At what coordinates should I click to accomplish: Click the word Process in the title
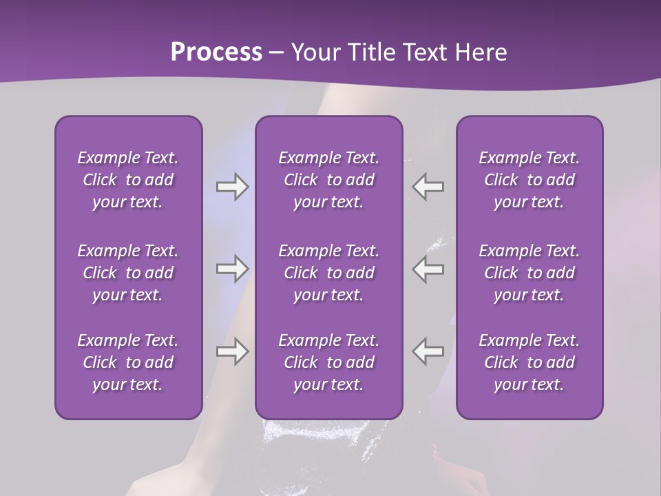tap(216, 52)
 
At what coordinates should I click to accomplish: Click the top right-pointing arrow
tap(232, 187)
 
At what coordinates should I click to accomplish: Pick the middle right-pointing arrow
tap(232, 269)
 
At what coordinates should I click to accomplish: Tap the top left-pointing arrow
tap(428, 187)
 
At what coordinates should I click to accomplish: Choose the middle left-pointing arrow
tap(428, 269)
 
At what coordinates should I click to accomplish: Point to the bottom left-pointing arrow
tap(428, 351)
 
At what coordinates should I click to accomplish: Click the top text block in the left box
tap(128, 180)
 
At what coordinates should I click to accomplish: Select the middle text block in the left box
tap(128, 273)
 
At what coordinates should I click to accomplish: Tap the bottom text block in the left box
tap(128, 362)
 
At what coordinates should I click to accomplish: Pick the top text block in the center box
tap(328, 180)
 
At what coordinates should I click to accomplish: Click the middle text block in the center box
tap(328, 273)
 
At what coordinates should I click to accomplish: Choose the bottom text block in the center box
tap(328, 362)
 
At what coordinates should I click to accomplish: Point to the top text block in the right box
tap(529, 180)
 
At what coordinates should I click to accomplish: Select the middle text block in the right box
tap(529, 273)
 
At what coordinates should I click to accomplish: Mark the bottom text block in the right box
tap(529, 362)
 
